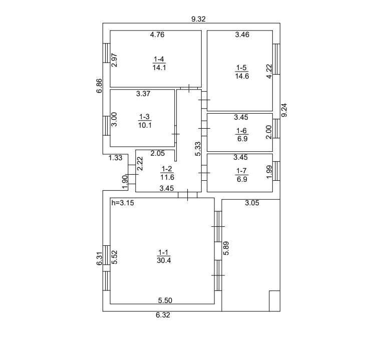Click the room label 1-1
(163, 252)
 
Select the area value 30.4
(164, 260)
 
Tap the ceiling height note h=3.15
(123, 203)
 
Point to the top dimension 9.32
(198, 19)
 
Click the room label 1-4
(159, 59)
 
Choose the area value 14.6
(242, 76)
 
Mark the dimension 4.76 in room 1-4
(157, 35)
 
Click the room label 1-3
(144, 117)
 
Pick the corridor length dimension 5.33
(198, 149)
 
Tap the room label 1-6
(241, 131)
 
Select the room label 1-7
(241, 171)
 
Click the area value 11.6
(167, 177)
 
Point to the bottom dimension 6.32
(163, 315)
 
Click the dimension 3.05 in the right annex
(252, 203)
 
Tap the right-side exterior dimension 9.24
(284, 110)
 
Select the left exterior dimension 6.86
(99, 86)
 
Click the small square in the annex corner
(274, 301)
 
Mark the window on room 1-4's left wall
(106, 53)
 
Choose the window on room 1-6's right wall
(276, 129)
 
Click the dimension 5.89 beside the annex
(226, 248)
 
